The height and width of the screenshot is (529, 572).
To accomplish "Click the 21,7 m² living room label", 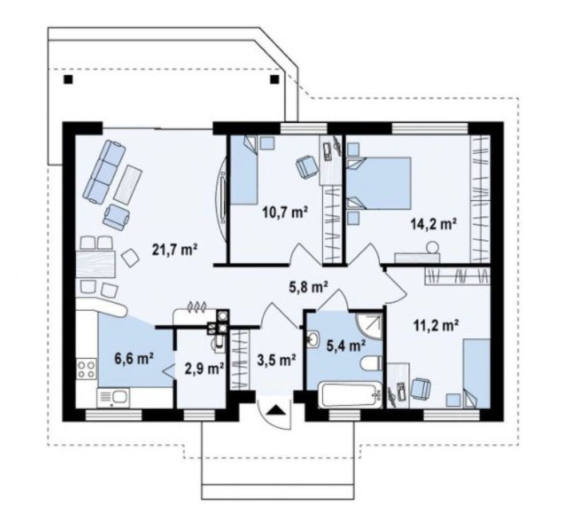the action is click(x=174, y=250).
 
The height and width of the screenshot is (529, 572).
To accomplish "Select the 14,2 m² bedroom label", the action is click(x=434, y=223).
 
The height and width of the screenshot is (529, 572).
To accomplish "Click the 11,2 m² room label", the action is click(x=436, y=325).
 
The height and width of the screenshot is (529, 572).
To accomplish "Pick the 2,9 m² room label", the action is click(x=205, y=369).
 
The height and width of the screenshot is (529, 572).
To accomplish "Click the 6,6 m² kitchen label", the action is click(x=134, y=358).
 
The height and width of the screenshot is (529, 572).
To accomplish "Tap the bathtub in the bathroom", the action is click(x=349, y=394).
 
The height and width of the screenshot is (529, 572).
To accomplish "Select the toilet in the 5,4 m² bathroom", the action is click(x=371, y=364).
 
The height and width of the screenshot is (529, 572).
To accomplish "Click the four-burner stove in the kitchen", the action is click(x=87, y=369).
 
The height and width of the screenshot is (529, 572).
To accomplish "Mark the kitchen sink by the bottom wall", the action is click(x=113, y=397).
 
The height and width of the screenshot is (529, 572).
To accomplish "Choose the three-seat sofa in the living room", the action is click(x=104, y=172).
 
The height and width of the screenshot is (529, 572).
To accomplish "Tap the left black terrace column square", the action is click(x=68, y=79).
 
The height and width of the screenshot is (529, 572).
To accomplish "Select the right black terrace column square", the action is click(x=274, y=79).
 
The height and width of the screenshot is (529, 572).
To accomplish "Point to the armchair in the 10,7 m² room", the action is click(x=307, y=167).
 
